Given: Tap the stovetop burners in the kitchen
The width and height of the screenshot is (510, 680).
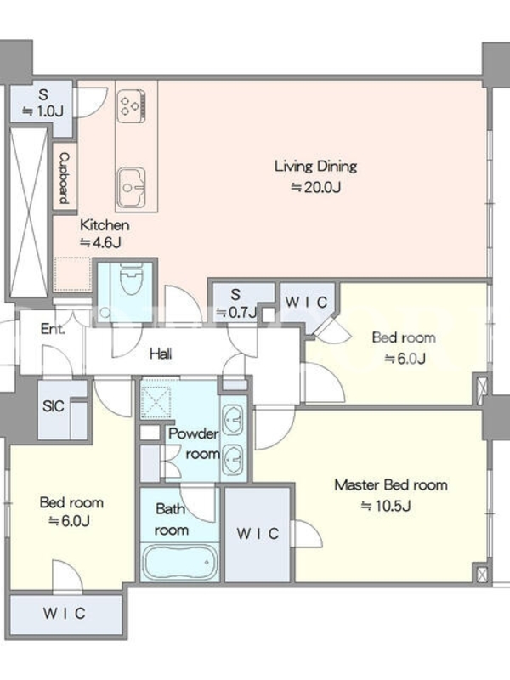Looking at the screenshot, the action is (x=132, y=105).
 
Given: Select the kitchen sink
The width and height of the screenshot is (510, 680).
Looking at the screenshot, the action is (x=131, y=188).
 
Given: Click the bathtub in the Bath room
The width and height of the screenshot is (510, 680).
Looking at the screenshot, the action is (x=180, y=563).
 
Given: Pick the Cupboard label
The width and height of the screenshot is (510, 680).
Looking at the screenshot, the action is (x=65, y=178).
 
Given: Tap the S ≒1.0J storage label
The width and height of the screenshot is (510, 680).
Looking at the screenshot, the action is (x=43, y=103).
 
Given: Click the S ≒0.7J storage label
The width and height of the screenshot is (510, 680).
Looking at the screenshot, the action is (x=236, y=303).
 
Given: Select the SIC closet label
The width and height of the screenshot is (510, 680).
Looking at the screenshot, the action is (x=54, y=406).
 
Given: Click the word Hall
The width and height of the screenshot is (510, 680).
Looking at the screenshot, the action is (x=161, y=354).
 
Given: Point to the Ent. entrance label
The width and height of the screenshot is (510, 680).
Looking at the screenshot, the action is (x=53, y=329).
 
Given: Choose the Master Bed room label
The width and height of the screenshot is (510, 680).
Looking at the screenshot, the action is (x=391, y=484).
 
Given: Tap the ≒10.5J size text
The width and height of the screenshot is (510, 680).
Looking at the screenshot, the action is (x=386, y=506).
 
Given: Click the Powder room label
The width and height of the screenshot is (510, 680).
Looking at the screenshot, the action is (x=194, y=443).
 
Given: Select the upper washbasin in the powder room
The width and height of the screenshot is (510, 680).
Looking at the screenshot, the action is (x=233, y=419).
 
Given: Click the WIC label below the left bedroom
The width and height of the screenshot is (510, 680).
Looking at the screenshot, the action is (x=65, y=613).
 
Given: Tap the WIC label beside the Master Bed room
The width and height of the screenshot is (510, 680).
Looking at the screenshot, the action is (x=258, y=534).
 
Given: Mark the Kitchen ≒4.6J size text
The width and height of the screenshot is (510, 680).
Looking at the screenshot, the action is (x=100, y=242).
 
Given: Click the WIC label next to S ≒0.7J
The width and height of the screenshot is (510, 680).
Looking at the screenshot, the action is (x=306, y=303).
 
